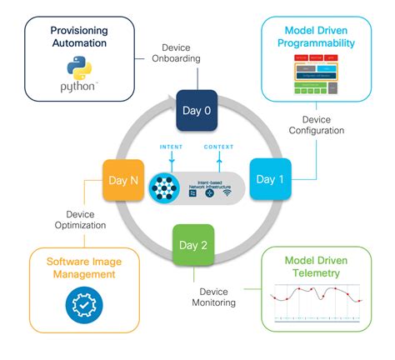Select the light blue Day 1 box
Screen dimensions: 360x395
coord(270,179)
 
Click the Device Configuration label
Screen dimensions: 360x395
coord(315,125)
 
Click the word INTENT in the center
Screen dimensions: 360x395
coord(170,147)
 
